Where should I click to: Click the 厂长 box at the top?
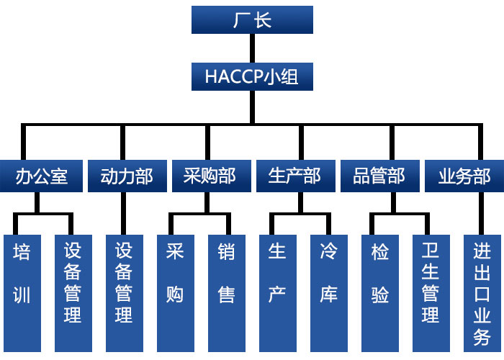click(252, 19)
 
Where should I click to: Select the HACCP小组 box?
click(252, 77)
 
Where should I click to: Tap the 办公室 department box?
click(41, 176)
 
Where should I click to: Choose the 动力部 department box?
click(126, 176)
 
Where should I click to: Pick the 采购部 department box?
click(210, 176)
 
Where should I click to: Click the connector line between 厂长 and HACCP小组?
click(252, 48)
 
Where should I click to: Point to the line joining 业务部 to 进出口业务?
click(480, 212)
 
